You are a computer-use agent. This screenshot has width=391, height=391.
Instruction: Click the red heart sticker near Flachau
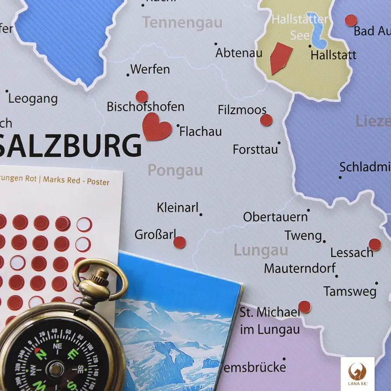157,127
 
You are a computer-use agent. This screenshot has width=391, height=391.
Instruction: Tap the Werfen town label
150,69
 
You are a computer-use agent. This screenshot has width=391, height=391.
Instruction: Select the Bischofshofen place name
146,106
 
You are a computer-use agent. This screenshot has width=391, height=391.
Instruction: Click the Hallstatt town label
333,55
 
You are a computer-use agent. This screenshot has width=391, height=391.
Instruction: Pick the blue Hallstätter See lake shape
318,30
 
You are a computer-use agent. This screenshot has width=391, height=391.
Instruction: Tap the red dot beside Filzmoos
266,120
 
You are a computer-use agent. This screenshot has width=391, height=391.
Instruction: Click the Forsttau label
255,149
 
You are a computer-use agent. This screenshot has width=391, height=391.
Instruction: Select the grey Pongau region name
175,171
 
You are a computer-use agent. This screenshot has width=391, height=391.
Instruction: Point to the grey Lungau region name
261,250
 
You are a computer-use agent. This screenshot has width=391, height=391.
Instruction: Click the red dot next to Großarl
179,242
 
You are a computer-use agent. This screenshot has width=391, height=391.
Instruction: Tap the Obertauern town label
275,217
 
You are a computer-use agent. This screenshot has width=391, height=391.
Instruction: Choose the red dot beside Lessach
374,245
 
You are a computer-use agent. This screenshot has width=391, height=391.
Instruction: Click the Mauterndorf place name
300,268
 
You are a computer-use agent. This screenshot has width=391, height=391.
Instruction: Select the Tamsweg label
350,291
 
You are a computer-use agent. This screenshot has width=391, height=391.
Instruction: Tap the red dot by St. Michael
305,307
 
